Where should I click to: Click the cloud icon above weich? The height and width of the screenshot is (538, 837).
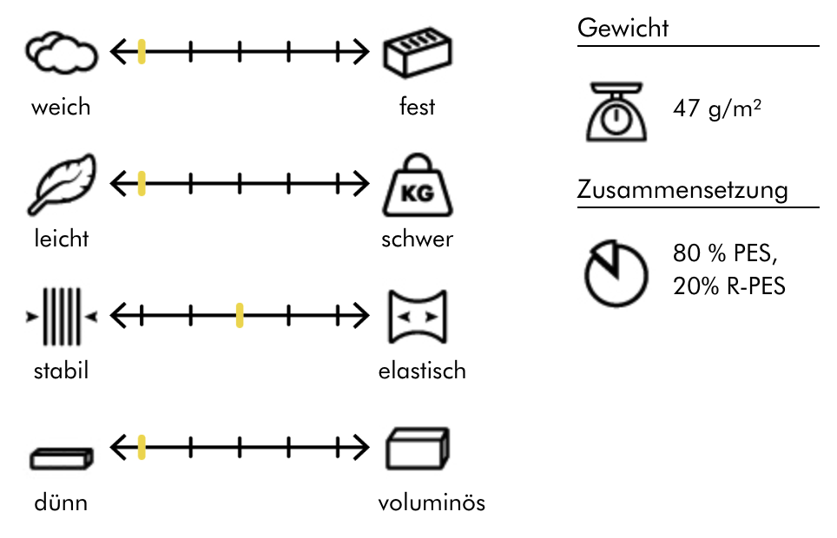(60, 54)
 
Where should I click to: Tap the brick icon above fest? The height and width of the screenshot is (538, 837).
(418, 54)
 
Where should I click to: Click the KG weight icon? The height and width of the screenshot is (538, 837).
(417, 186)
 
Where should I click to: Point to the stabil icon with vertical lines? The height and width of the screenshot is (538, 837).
(62, 317)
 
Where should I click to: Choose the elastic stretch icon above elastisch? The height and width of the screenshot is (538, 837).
(418, 317)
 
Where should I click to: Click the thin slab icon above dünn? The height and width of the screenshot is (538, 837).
(60, 457)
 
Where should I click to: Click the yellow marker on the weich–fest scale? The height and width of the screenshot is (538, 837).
(142, 53)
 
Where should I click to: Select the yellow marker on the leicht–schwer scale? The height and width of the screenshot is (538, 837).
(142, 184)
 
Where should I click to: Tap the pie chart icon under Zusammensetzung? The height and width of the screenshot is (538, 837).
(615, 272)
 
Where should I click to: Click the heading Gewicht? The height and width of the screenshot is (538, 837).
(623, 28)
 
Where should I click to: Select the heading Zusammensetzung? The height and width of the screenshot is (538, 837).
(682, 190)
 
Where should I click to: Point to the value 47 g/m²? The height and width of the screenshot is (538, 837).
(717, 110)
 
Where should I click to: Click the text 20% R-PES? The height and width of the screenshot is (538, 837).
(728, 286)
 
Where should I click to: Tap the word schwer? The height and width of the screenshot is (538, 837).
(417, 239)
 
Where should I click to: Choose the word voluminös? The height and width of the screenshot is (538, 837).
(432, 503)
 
